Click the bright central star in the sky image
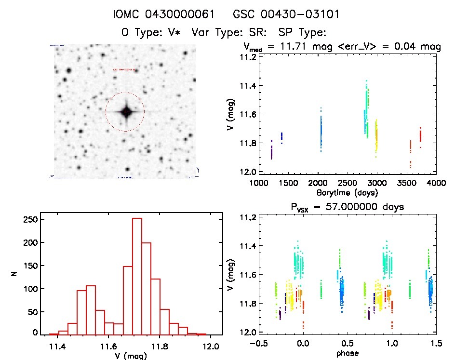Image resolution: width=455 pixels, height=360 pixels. [126, 112]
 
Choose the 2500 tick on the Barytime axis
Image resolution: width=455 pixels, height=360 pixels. [347, 184]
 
